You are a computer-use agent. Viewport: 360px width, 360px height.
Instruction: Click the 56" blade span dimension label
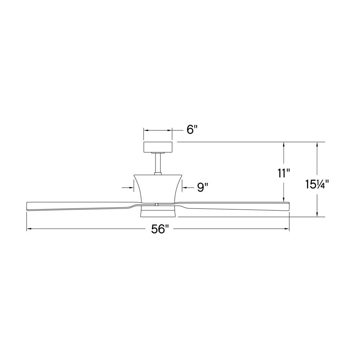[160, 229]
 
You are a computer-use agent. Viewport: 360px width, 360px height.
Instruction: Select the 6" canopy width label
[192, 130]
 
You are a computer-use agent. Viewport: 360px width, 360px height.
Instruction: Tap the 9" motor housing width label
[203, 188]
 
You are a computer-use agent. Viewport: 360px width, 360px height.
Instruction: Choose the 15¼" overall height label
[317, 184]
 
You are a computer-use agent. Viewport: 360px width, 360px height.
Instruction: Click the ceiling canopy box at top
[158, 147]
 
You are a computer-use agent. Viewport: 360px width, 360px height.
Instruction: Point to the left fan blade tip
[27, 206]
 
